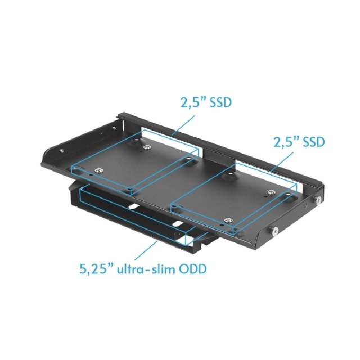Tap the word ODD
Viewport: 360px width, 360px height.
point(193,268)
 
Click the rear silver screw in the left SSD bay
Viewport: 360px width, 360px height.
point(147,147)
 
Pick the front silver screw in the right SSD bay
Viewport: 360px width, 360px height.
point(228,220)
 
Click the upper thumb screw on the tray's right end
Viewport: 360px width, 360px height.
point(318,201)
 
